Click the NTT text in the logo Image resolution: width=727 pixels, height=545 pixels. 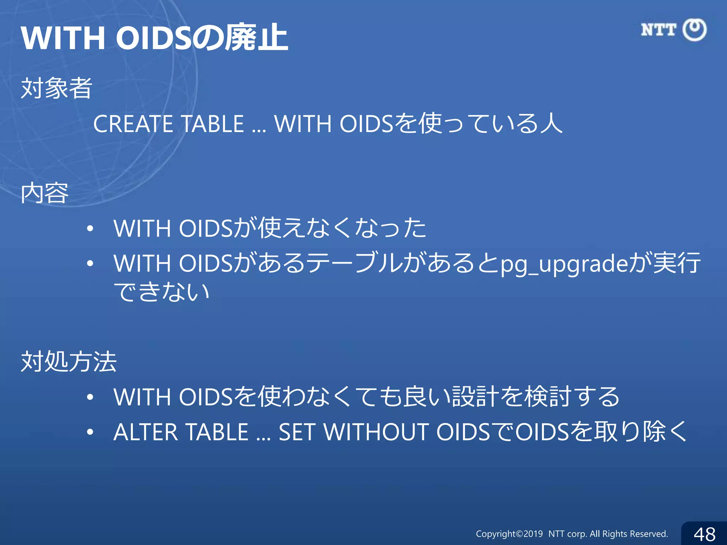(x=658, y=30)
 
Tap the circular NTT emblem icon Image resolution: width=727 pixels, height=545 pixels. (x=695, y=30)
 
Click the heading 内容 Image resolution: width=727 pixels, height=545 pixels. (x=45, y=193)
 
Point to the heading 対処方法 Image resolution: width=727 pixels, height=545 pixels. (x=69, y=362)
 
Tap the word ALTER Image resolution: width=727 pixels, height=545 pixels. (x=146, y=432)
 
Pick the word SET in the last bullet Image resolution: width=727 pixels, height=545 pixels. (x=297, y=432)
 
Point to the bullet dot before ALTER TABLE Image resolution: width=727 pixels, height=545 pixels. (x=90, y=432)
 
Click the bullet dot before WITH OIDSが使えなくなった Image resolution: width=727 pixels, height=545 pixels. (x=90, y=229)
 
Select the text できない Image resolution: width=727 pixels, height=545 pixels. (x=162, y=292)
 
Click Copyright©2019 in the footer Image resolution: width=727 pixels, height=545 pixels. (x=509, y=534)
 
